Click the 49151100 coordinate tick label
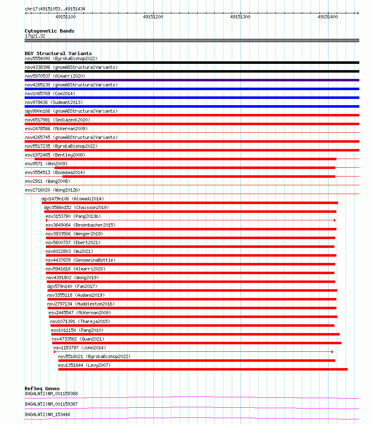(65, 17)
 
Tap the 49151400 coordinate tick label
(328, 17)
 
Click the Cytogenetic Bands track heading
(49, 31)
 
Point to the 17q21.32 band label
(35, 36)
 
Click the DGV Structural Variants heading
(58, 53)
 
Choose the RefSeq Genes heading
(42, 389)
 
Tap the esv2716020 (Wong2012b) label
(52, 190)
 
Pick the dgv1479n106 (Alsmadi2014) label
(73, 199)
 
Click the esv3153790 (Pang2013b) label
(73, 216)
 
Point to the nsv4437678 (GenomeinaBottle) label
(80, 260)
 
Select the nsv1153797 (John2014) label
(80, 348)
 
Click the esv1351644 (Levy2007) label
(84, 365)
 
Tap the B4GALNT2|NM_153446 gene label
(48, 414)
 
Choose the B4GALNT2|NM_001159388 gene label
(51, 394)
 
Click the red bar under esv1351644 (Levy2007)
(203, 369)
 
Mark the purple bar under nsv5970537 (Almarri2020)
(192, 80)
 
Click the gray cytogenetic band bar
(192, 40)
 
